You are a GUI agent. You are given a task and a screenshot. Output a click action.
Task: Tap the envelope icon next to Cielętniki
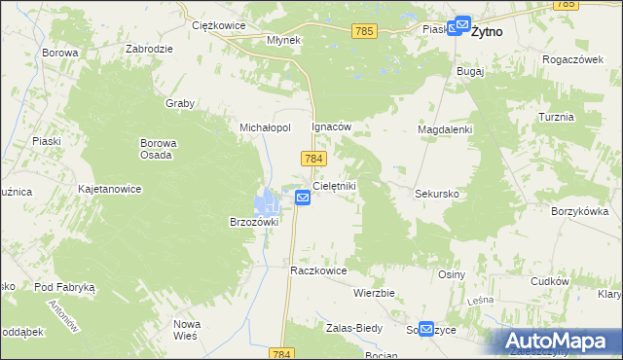coord(303,198)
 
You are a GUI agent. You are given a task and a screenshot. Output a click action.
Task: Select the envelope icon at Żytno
coord(459,29)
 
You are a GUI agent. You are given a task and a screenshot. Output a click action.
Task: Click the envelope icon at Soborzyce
coord(426,330)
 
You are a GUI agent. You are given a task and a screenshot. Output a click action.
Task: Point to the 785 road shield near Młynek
coord(365,31)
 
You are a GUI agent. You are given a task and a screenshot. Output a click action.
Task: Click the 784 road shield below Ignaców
coord(313,158)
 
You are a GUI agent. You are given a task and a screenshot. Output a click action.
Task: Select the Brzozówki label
coord(253,221)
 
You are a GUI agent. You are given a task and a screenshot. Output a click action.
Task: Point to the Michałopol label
coord(266,127)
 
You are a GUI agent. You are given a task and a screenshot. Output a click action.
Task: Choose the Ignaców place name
coord(330,127)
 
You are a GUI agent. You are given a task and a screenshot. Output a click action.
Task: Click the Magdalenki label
coord(445,129)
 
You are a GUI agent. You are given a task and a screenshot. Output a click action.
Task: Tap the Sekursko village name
coord(437,194)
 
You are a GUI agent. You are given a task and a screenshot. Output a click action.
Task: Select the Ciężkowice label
coord(216,25)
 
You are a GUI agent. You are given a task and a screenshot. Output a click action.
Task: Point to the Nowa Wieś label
coord(186,329)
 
